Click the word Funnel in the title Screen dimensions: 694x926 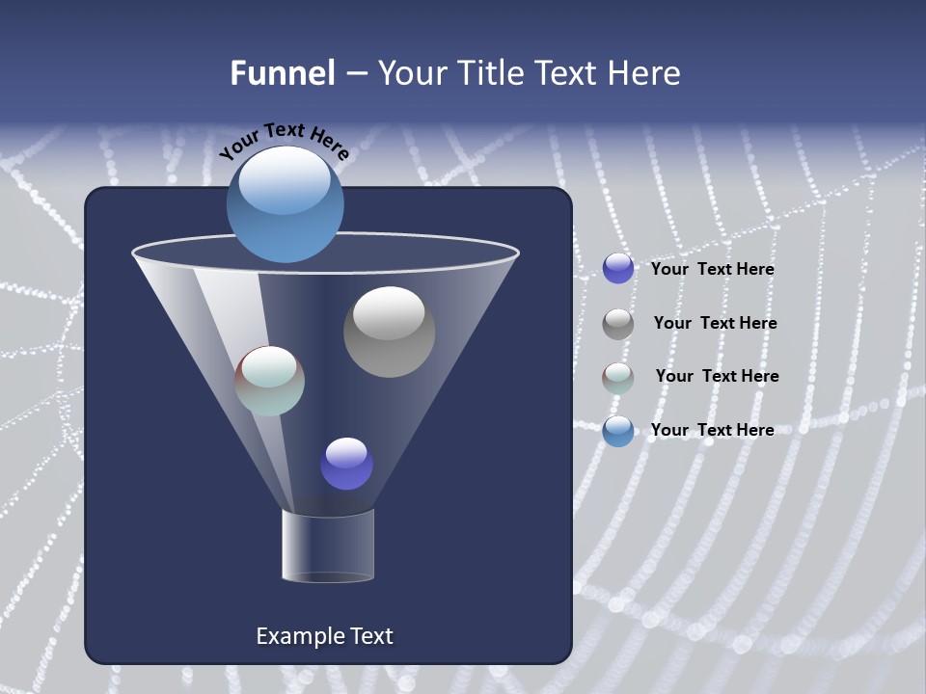coord(283,73)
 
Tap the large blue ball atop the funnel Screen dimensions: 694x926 coord(286,203)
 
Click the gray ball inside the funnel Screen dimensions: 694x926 coord(389,332)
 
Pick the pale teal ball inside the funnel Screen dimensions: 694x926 coord(270,381)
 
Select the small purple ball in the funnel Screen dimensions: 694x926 coord(346,464)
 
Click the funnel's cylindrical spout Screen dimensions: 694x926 coord(328,546)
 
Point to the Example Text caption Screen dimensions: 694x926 coord(324,636)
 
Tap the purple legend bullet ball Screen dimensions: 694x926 coord(618,269)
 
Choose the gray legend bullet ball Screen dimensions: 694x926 coord(618,324)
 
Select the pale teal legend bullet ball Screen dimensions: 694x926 coord(618,377)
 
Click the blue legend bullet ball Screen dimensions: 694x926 coord(618,431)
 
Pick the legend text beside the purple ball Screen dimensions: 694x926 coord(712,270)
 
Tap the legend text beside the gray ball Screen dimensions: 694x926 coord(715,324)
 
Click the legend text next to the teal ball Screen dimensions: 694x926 coord(717,376)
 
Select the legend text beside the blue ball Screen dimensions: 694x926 coord(712,430)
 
